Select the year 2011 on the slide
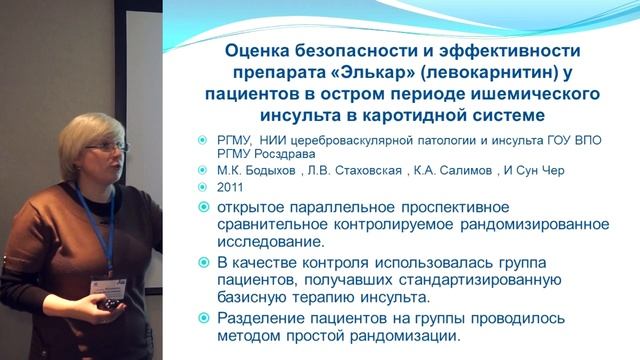point(231,187)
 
